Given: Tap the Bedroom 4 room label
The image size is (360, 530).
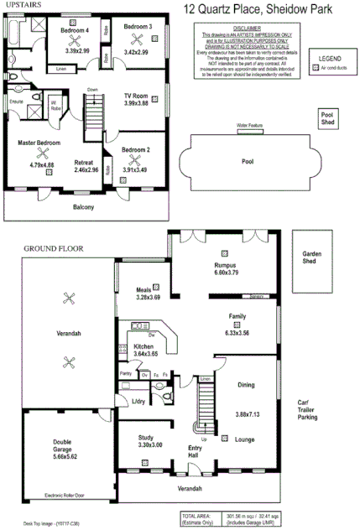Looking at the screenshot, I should (x=76, y=30).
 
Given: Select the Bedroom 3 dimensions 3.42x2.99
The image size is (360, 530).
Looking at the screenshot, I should (x=138, y=51).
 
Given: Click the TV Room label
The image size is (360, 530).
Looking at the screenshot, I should (x=138, y=95).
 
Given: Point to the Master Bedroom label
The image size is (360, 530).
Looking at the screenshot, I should (x=39, y=143).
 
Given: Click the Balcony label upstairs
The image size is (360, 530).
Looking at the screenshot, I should (x=83, y=207).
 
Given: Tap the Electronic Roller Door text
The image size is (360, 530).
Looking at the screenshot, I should (x=67, y=495).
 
